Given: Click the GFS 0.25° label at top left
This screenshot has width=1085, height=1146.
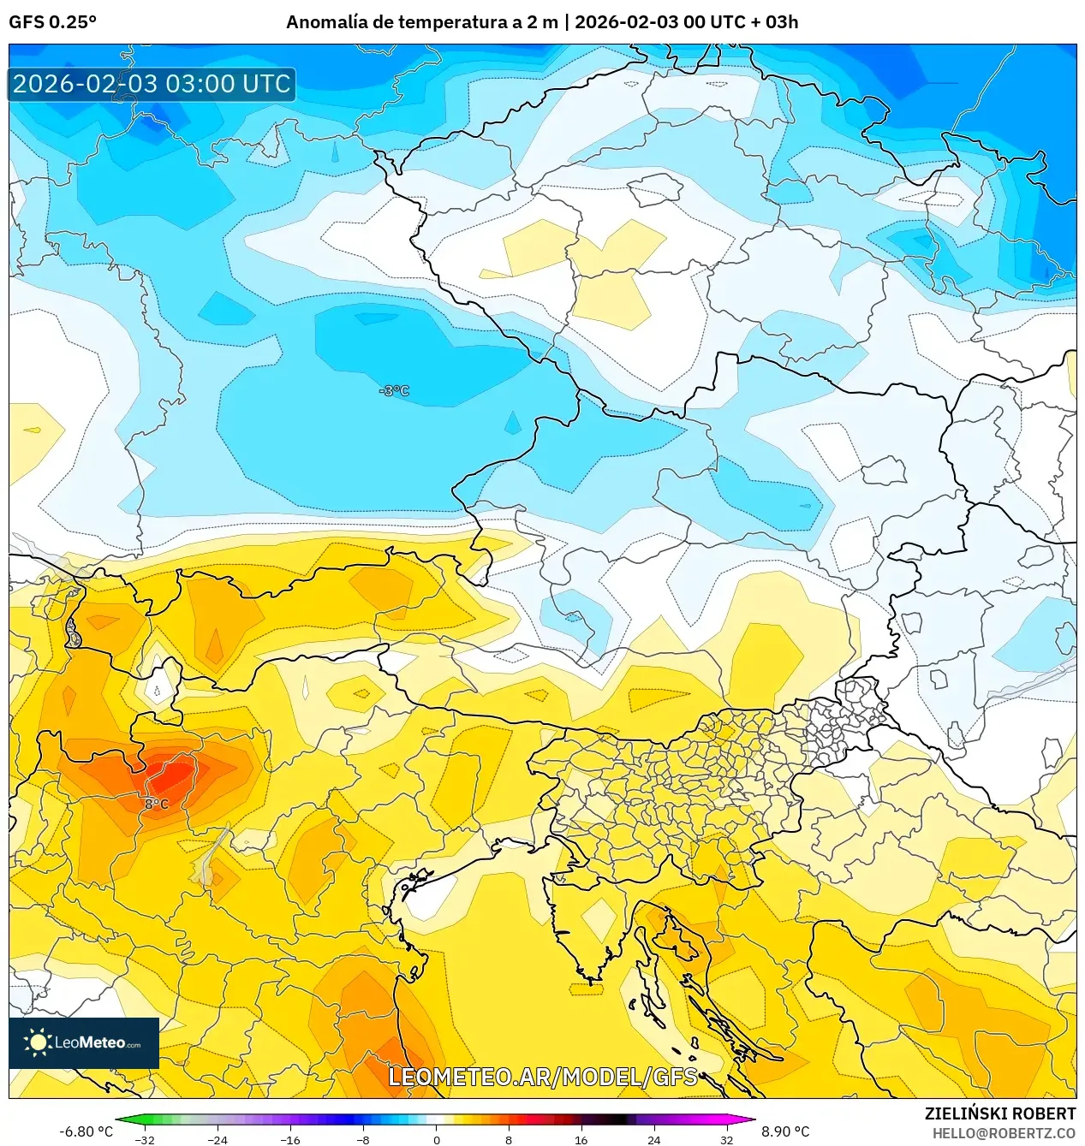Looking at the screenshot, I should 52,22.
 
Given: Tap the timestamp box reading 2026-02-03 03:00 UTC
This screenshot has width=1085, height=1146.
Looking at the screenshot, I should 152,84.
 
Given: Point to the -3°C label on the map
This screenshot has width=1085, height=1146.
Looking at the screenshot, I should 394,391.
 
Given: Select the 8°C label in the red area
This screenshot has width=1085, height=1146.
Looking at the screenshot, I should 156,804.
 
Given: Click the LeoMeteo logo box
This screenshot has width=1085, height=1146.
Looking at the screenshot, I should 83,1042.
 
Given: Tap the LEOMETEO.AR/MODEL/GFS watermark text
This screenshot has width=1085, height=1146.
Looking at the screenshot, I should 543,1077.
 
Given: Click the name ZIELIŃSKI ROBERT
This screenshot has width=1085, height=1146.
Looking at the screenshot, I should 999,1113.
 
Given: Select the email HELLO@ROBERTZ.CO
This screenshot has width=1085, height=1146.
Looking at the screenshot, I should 1004,1133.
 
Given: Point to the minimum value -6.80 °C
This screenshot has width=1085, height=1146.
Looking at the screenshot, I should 86,1131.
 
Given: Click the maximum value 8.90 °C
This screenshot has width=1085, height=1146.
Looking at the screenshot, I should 785,1131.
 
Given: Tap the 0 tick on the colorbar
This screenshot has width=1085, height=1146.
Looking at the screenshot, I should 436,1139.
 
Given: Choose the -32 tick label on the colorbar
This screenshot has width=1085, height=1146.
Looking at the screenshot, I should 145,1139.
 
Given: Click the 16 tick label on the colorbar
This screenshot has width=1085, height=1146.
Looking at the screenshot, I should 581,1139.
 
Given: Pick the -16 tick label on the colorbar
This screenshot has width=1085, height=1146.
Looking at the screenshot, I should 290,1139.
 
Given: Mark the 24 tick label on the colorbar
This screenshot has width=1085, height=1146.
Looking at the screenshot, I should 654,1139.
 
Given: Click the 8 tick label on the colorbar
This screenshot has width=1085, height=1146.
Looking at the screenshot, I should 509,1139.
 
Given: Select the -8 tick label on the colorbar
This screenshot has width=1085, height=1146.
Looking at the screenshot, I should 363,1139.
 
